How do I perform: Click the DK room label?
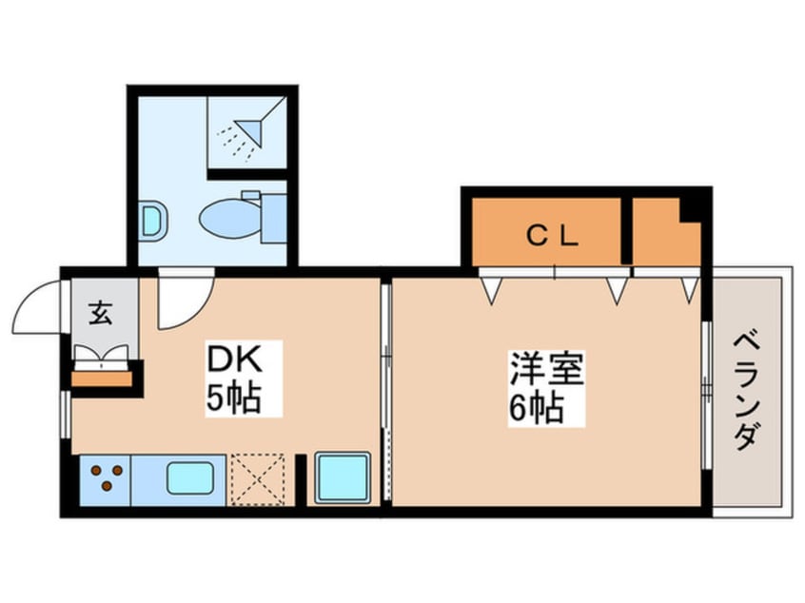(x=234, y=360)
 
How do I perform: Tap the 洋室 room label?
(x=546, y=368)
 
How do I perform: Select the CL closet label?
(x=553, y=236)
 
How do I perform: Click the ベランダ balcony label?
(x=747, y=392)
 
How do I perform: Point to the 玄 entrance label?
(x=101, y=313)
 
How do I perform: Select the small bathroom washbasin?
(x=153, y=221)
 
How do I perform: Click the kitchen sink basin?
(x=190, y=477)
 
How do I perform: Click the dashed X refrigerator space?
(x=257, y=479)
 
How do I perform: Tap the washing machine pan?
(x=343, y=477)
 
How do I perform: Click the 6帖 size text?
(x=537, y=408)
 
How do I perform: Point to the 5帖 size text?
(x=234, y=398)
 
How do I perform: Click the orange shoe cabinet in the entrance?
(x=102, y=379)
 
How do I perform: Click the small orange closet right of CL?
(x=666, y=232)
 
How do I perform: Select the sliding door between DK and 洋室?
(x=386, y=392)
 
